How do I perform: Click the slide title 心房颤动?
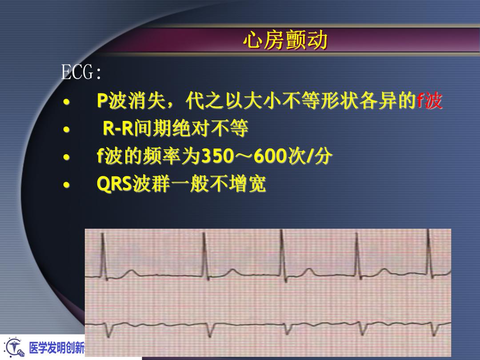click(285, 40)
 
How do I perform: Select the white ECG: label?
click(81, 72)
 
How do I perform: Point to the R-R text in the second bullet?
click(118, 128)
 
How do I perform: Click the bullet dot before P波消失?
click(66, 102)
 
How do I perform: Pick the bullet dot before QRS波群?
click(66, 184)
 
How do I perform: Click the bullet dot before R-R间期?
click(66, 129)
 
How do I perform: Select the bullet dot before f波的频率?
click(66, 157)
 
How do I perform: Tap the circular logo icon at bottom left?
click(14, 348)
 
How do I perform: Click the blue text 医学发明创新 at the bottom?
click(57, 348)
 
